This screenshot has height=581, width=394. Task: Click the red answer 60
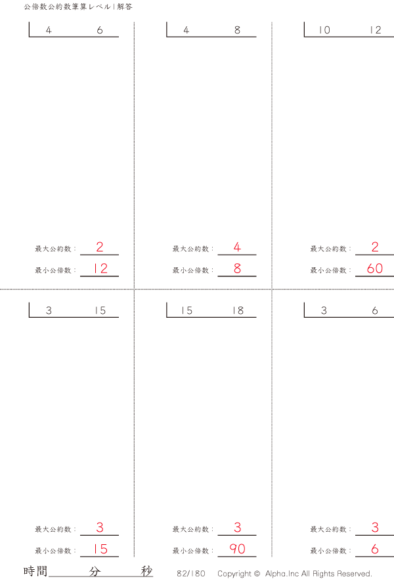click(x=375, y=269)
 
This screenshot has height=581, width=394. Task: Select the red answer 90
click(x=237, y=549)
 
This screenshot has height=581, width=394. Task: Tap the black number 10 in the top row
click(x=324, y=30)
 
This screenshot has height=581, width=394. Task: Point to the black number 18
click(x=238, y=311)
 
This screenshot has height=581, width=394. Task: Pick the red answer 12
click(x=100, y=269)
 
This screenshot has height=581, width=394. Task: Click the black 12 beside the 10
click(x=376, y=30)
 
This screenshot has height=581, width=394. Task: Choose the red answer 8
click(x=237, y=269)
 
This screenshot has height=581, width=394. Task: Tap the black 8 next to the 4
click(x=237, y=30)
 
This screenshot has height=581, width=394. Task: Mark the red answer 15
click(x=100, y=549)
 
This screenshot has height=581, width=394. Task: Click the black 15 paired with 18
click(x=186, y=311)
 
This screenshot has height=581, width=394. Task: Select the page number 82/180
click(x=191, y=574)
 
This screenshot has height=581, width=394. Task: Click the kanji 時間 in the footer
click(x=35, y=571)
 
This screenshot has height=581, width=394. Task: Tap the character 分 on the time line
click(x=95, y=571)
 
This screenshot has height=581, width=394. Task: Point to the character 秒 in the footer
click(x=147, y=571)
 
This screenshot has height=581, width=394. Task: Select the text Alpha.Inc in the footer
click(x=282, y=574)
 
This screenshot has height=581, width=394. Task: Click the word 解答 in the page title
click(x=125, y=7)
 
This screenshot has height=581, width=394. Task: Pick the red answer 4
click(x=237, y=247)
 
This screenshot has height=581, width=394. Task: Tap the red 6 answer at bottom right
click(x=375, y=549)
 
